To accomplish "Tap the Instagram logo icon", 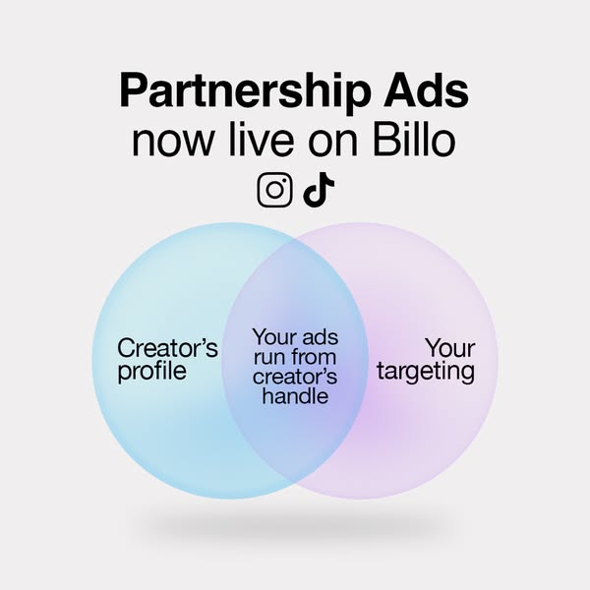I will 275,190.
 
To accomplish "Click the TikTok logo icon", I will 314,190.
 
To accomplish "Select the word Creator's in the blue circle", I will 167,348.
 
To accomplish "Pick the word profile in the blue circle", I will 151,373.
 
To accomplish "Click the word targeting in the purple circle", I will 426,373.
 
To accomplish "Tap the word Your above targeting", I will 450,348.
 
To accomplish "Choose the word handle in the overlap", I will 294,397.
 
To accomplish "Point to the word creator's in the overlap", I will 294,377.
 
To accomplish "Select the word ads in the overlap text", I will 316,337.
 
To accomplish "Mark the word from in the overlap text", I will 313,357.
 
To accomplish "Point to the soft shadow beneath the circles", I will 295,526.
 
